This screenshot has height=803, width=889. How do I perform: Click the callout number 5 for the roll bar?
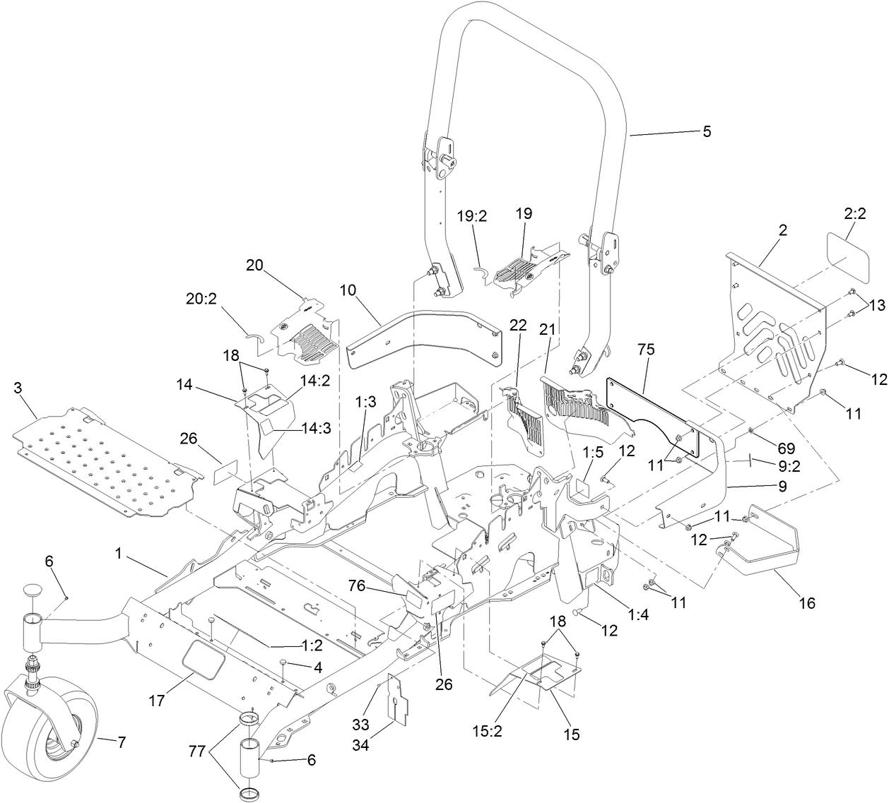pyautogui.click(x=707, y=132)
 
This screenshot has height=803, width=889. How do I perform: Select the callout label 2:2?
pyautogui.click(x=854, y=213)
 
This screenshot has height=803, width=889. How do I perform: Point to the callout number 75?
pyautogui.click(x=646, y=350)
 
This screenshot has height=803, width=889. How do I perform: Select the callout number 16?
pyautogui.click(x=806, y=602)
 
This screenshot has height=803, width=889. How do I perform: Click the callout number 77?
pyautogui.click(x=199, y=753)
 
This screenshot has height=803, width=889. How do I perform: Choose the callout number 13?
pyautogui.click(x=876, y=305)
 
